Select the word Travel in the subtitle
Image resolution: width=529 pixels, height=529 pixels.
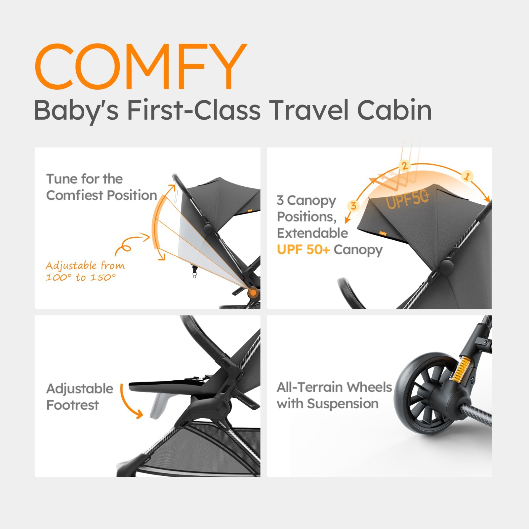(x=309, y=110)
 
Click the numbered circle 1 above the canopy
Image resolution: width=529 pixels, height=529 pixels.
(x=467, y=176)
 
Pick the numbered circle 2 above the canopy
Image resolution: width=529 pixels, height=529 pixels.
(x=404, y=165)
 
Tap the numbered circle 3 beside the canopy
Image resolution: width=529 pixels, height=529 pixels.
(x=353, y=206)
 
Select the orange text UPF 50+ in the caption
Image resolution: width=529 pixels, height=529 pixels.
(x=303, y=250)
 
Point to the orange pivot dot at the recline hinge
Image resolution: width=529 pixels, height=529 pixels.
(x=253, y=292)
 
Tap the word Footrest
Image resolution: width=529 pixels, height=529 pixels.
(x=73, y=405)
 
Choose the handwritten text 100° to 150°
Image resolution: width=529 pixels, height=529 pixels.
(x=81, y=277)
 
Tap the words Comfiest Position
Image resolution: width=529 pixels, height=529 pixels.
(x=102, y=195)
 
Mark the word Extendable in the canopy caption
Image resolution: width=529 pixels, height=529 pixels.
(x=312, y=233)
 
